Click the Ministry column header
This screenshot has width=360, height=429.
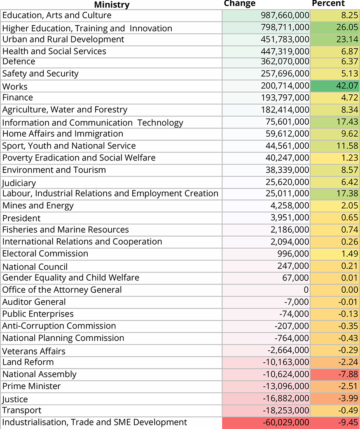pos(112,5)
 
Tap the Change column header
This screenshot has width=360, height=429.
pos(240,3)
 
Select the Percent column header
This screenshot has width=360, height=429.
pos(328,3)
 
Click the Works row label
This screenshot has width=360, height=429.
pos(15,86)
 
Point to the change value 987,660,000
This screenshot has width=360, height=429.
pos(285,15)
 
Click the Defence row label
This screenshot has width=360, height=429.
pos(19,61)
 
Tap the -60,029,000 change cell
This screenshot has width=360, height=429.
pos(286,422)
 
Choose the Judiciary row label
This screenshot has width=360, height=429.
pos(19,182)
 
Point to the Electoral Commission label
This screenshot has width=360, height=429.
pos(45,253)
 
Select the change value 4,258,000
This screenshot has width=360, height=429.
pos(290,205)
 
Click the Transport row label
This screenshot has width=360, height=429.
pos(22,410)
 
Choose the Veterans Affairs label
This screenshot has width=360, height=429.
pos(34,351)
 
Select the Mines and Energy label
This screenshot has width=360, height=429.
pos(38,205)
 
